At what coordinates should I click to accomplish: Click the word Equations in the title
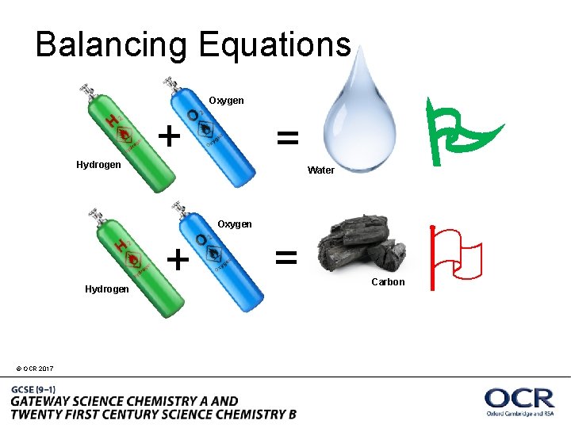(274, 45)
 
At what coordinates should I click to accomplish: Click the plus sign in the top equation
(168, 136)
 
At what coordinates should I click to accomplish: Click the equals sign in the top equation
(287, 139)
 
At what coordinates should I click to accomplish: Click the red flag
(456, 258)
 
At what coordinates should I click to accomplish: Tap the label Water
(320, 170)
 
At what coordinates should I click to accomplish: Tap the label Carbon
(388, 282)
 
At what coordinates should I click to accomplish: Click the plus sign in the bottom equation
(178, 258)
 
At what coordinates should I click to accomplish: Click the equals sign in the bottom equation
(286, 256)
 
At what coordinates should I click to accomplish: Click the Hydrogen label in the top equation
(98, 165)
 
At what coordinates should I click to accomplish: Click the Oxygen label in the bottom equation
(235, 224)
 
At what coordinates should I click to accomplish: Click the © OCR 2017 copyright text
(34, 369)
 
